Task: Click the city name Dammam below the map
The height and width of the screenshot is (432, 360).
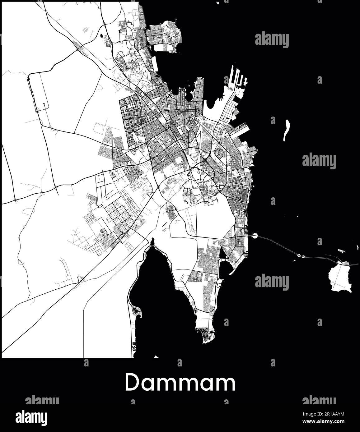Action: point(180,383)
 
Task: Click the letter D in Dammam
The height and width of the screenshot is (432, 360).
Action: point(133,383)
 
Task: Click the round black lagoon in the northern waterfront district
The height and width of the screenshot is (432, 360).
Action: point(189,97)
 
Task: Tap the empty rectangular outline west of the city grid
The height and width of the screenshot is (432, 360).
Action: point(99,127)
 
